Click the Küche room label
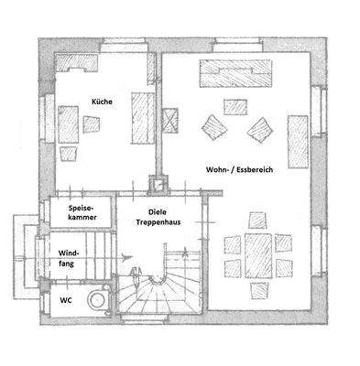coord(102,102)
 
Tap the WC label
coord(65,298)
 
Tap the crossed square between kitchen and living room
coord(170,119)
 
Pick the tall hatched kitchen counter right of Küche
coord(143,115)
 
